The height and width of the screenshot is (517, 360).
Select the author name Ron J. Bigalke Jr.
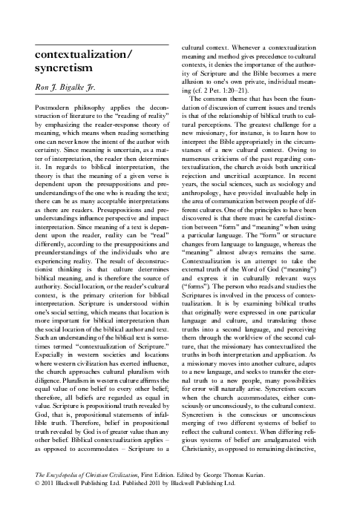pos(68,89)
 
